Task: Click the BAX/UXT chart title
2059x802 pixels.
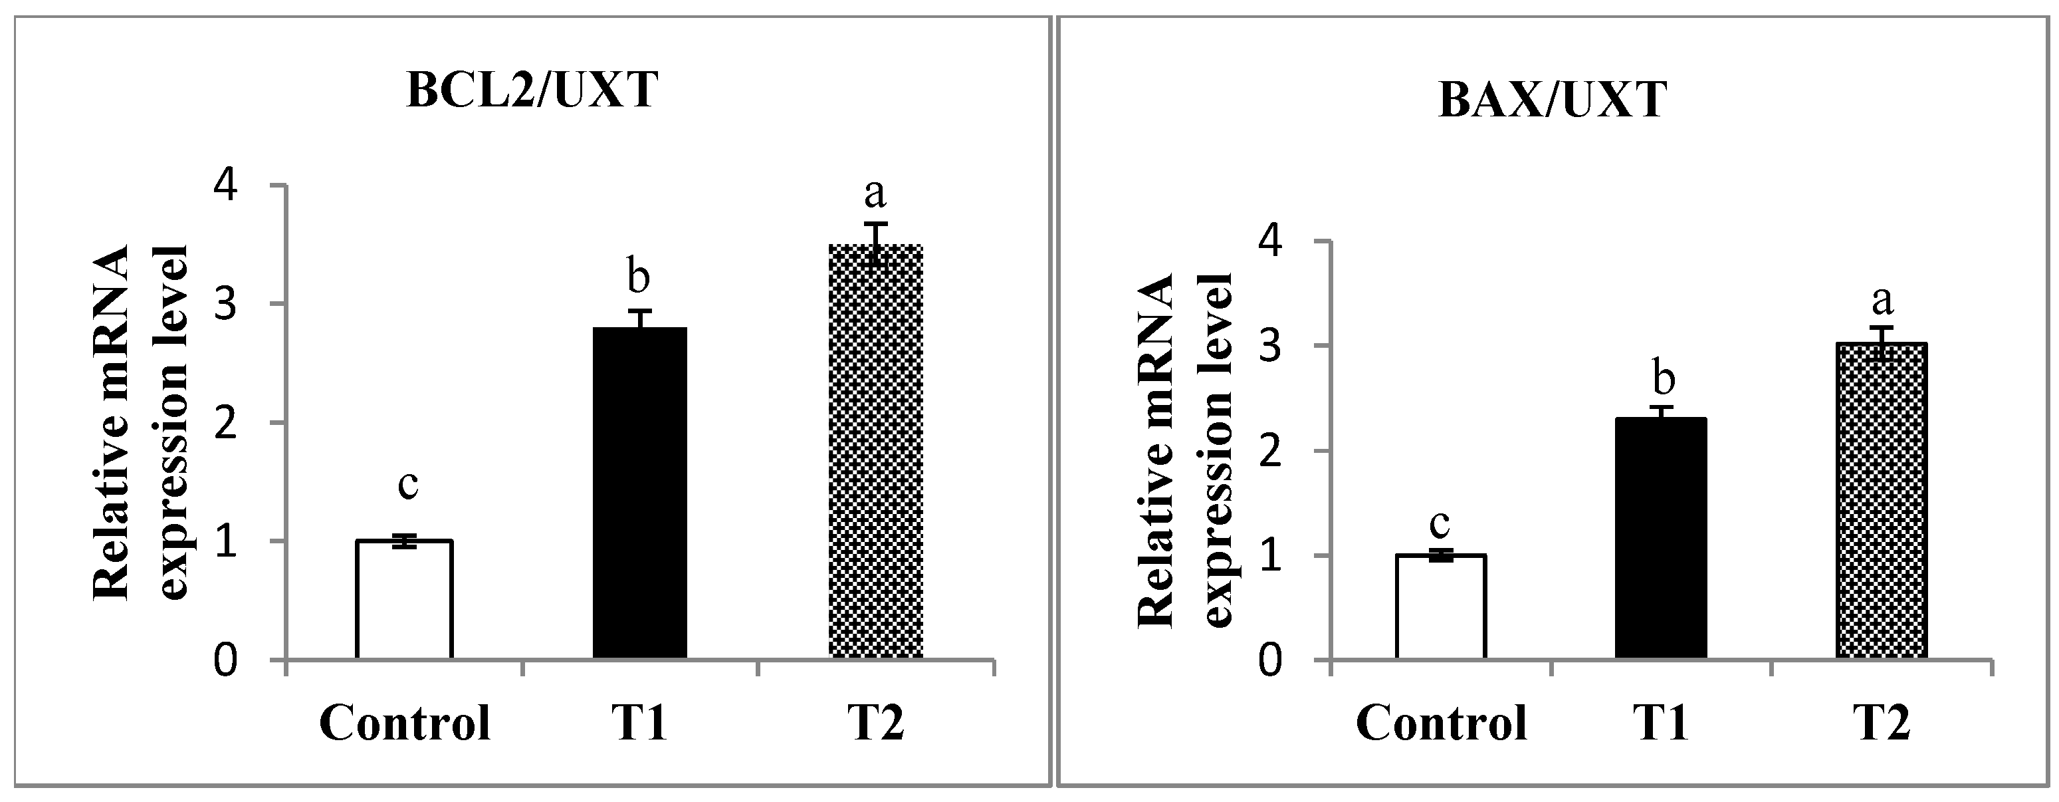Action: click(1553, 101)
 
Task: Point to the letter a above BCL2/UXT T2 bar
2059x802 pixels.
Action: click(876, 193)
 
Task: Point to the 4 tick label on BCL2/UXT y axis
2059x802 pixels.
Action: click(228, 186)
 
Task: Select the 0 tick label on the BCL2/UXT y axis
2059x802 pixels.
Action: click(228, 660)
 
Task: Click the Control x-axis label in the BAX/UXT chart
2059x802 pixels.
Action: click(1441, 723)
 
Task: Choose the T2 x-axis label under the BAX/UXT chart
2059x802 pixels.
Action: click(1882, 723)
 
